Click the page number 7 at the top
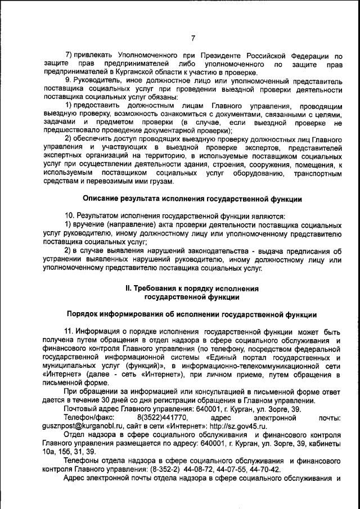(192, 38)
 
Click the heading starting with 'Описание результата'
(192, 198)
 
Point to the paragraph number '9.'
(68, 81)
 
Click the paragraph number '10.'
(70, 215)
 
